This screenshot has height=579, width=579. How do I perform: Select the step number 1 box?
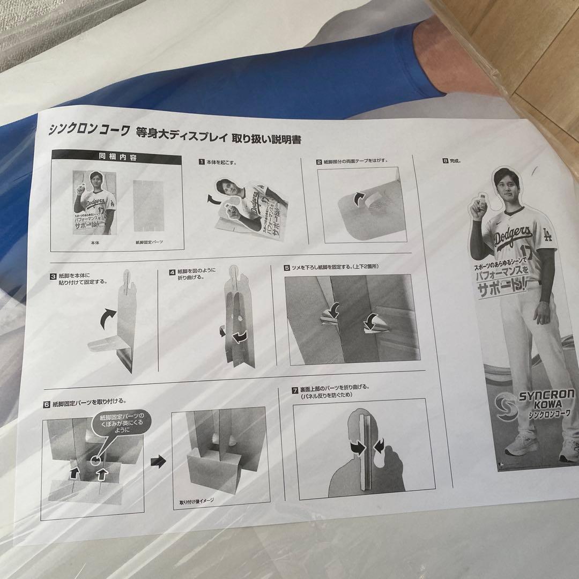coord(202,161)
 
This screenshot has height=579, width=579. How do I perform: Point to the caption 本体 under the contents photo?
coord(93,242)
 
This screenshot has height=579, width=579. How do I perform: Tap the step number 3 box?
coord(54,277)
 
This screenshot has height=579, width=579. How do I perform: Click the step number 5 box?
coord(287,267)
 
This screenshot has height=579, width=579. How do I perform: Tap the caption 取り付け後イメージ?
coord(197,502)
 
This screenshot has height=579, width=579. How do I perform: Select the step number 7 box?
coord(295,390)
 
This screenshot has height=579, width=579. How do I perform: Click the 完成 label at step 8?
coord(456,160)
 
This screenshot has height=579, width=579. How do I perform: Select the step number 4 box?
coord(173,272)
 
